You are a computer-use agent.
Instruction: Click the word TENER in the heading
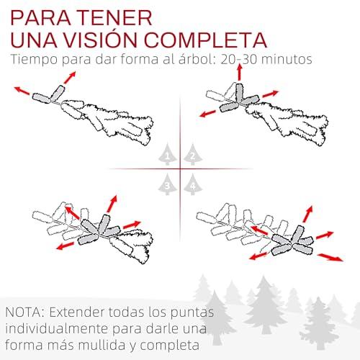coord(115,17)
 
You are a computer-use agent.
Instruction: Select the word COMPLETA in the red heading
coord(205,40)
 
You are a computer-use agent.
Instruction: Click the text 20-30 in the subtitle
coord(239,59)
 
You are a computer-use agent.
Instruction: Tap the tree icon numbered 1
coord(168,154)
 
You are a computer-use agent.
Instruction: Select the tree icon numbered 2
coord(193,154)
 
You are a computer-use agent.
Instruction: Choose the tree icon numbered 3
coord(168,184)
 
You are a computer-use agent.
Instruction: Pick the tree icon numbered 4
coord(193,184)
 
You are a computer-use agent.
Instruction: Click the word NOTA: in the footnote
coord(24,312)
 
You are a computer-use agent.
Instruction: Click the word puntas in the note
coord(192,312)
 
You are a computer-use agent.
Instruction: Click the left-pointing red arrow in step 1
coord(22,91)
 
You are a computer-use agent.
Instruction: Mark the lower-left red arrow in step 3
coord(65,246)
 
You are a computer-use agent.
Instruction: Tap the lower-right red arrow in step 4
coord(330,257)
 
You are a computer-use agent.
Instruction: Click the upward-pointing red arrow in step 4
coord(307,214)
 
